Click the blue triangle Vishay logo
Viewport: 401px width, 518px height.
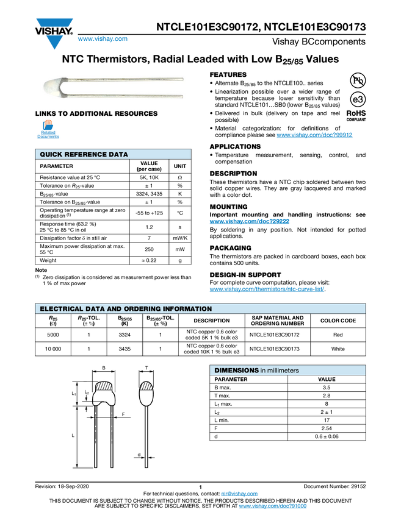(54, 43)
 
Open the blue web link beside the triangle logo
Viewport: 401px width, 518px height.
(103, 39)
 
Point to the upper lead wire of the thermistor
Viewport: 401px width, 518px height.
(122, 79)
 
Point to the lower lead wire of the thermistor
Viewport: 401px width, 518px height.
(122, 96)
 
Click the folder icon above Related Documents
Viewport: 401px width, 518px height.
(48, 124)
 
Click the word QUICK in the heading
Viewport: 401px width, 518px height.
(52, 155)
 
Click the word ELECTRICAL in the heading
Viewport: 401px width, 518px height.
(60, 309)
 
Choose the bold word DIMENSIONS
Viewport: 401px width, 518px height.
(237, 371)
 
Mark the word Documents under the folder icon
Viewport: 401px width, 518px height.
(48, 137)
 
